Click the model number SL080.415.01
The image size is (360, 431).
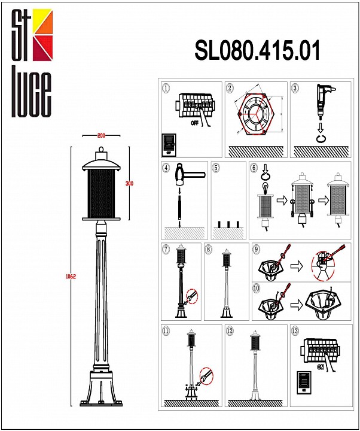[x=257, y=51]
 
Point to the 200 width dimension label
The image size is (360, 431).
[x=101, y=136]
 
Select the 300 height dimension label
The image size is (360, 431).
[x=129, y=183]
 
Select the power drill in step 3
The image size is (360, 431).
[x=324, y=99]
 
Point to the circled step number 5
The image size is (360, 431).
[x=216, y=168]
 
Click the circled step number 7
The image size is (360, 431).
[x=166, y=248]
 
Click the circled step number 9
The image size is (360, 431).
[x=257, y=248]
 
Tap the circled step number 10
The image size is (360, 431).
[x=257, y=288]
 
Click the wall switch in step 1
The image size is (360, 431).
[x=169, y=144]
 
